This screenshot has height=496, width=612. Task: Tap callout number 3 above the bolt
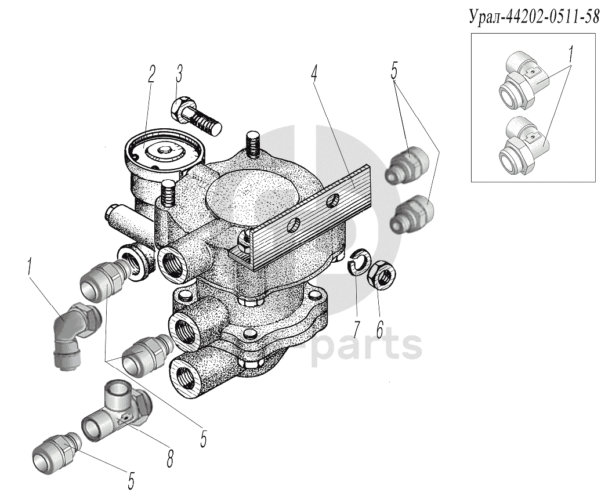point(179,74)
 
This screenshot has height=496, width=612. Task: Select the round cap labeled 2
point(162,150)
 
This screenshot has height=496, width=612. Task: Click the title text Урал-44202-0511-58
point(533,17)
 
